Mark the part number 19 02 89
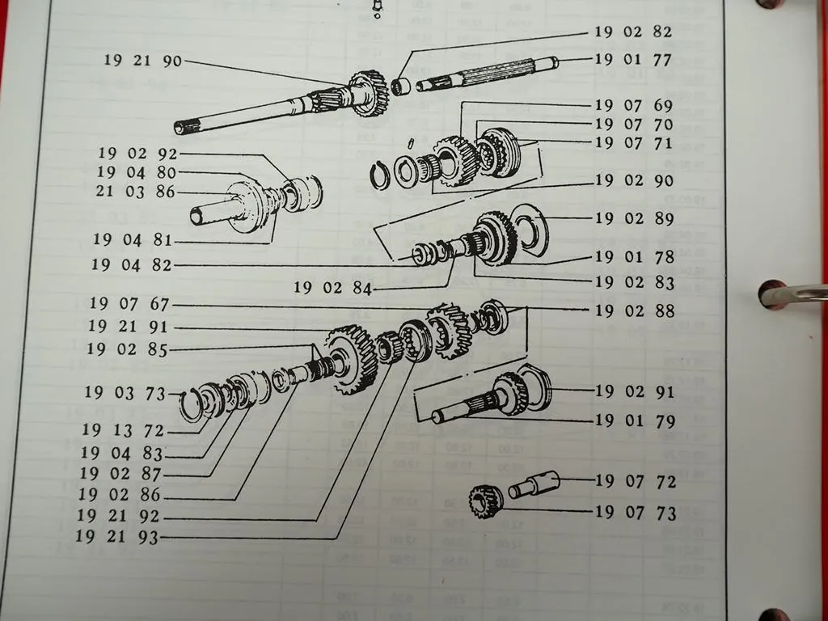634,218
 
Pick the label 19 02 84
332,288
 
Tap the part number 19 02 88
634,310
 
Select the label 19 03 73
123,393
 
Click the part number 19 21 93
117,537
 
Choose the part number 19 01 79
635,421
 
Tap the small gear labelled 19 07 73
485,500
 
